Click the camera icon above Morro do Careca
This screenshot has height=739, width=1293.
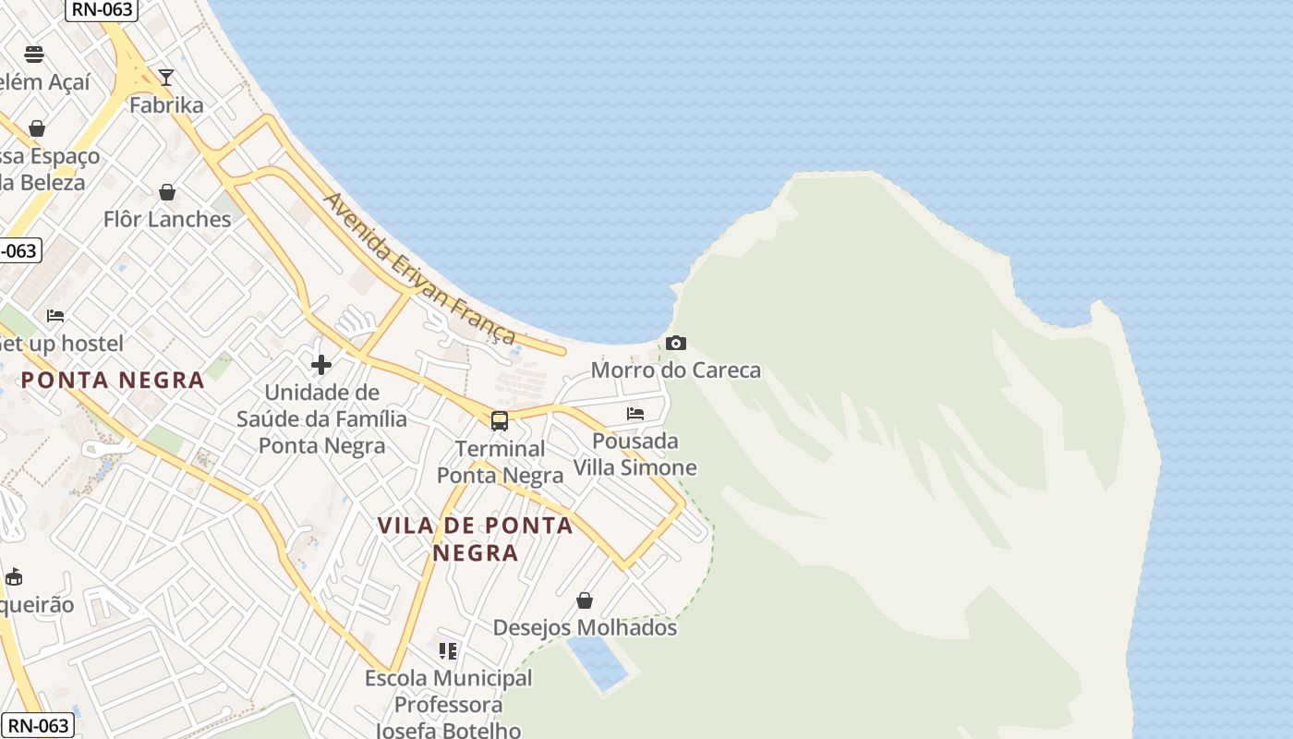[x=676, y=344]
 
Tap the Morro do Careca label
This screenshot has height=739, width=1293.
[x=676, y=370]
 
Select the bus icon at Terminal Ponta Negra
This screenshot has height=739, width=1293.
[x=500, y=421]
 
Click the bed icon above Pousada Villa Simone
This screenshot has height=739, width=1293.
[x=635, y=413]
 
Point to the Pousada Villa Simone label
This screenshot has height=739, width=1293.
[x=635, y=454]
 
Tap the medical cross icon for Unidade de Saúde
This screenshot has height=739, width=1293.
[x=321, y=366]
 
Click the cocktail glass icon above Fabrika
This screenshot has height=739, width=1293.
[x=166, y=78]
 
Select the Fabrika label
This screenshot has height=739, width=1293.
[x=166, y=105]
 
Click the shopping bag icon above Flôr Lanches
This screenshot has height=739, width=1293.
[x=167, y=192]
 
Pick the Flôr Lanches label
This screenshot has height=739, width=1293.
[x=167, y=220]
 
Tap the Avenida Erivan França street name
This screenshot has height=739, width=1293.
[x=419, y=268]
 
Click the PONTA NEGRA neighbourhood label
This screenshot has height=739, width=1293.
[x=113, y=380]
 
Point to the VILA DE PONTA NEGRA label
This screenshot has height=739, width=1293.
[x=476, y=539]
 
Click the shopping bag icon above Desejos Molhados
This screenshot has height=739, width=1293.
[x=585, y=600]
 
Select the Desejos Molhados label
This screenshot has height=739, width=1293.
[x=585, y=628]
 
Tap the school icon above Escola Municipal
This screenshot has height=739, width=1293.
[x=448, y=651]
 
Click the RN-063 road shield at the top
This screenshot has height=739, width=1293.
[x=102, y=9]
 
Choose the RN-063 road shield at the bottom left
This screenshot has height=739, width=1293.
[x=37, y=726]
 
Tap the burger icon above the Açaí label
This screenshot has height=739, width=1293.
[x=34, y=54]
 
